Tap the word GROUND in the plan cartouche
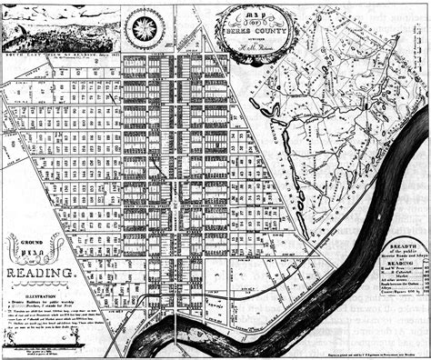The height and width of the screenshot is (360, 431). coord(32,239)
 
